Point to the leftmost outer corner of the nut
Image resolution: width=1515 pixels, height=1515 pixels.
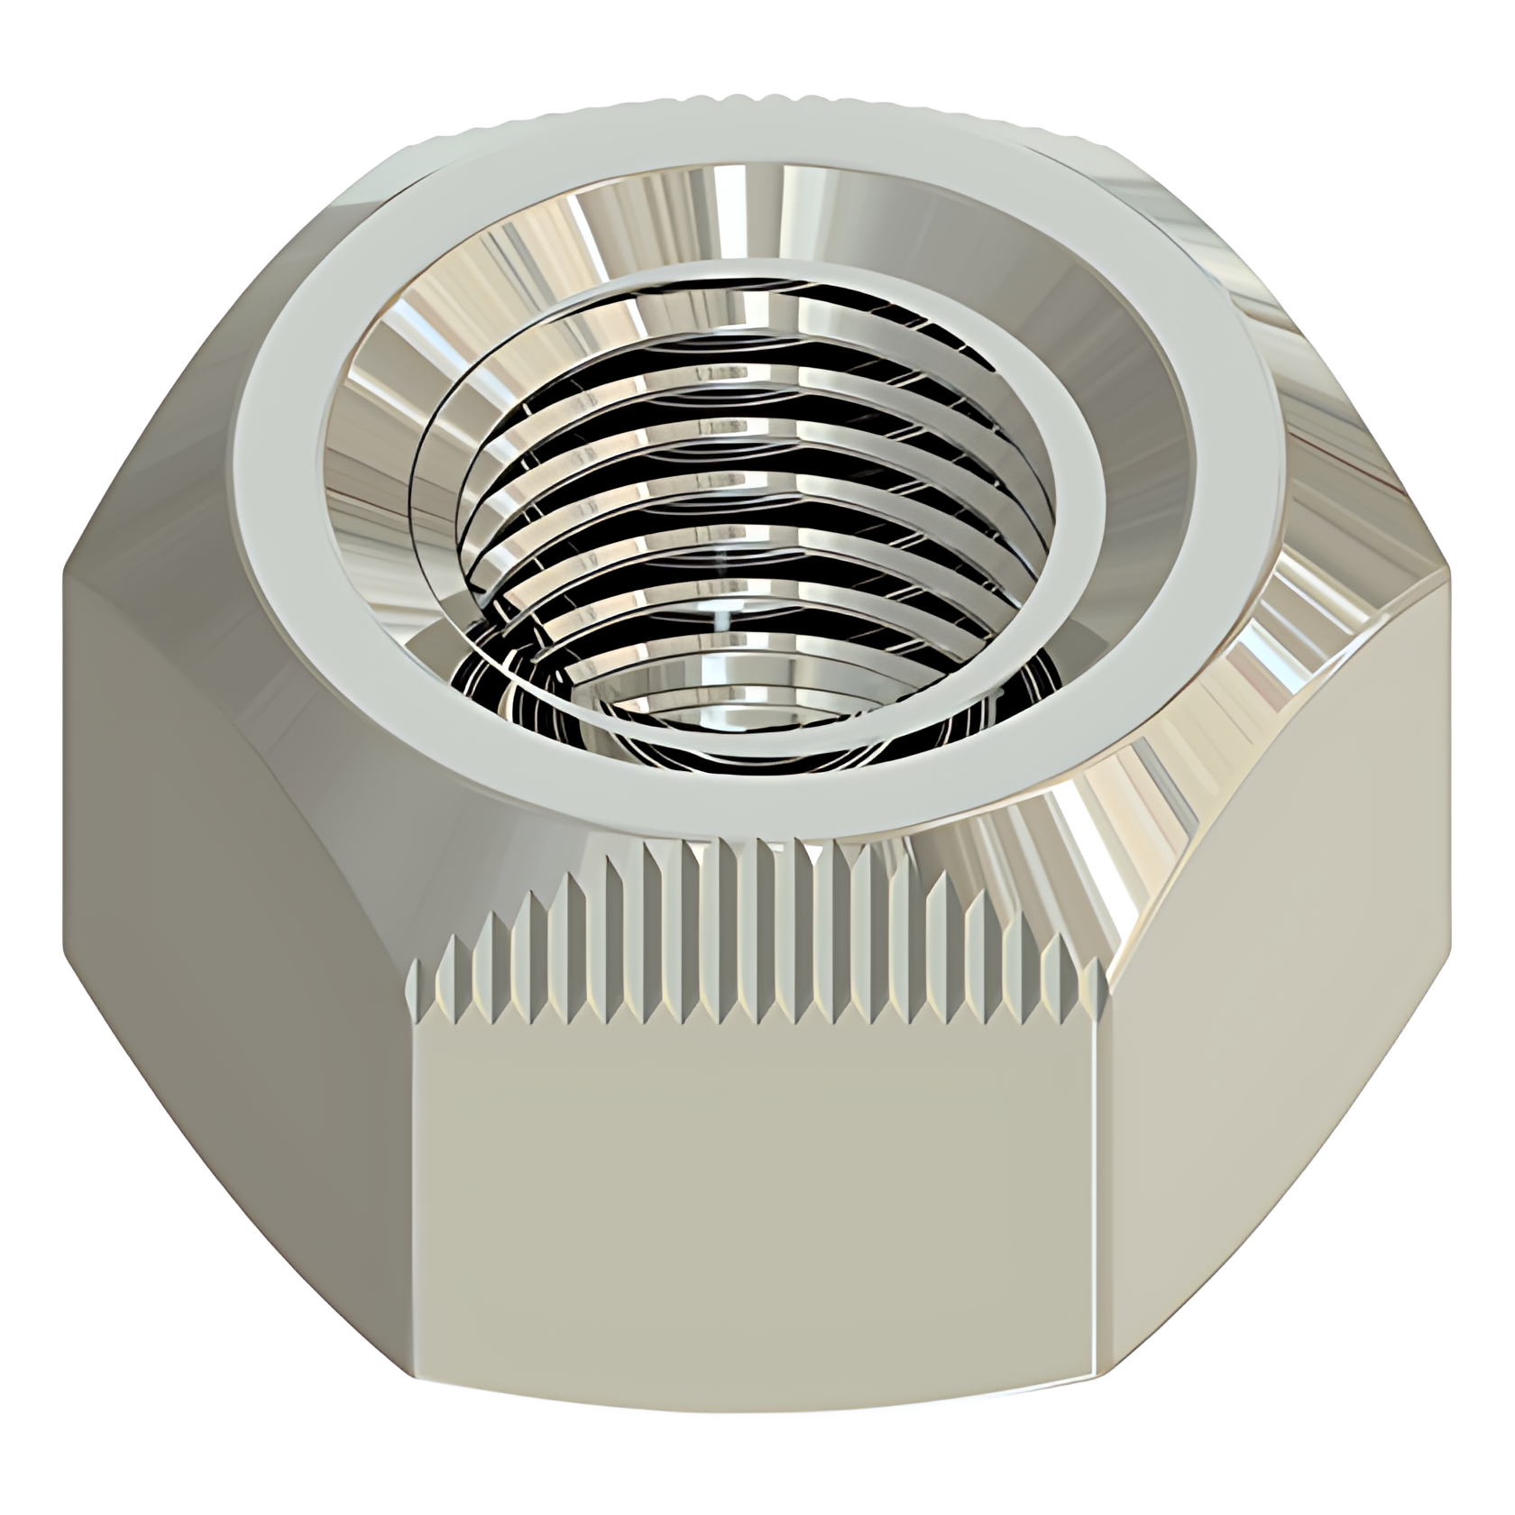click(65, 577)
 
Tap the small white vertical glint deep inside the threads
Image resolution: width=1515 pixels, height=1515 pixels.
click(721, 622)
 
